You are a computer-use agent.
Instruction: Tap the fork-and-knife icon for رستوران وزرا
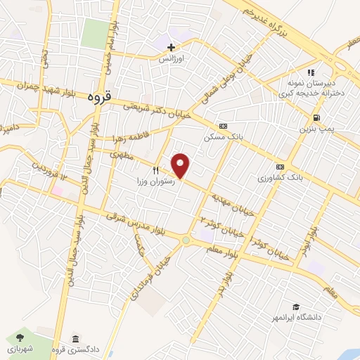pos(156,169)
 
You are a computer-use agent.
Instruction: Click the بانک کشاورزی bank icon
pos(281,167)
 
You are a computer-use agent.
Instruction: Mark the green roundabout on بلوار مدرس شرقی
pos(186,240)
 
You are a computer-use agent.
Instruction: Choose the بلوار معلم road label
pos(224,248)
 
